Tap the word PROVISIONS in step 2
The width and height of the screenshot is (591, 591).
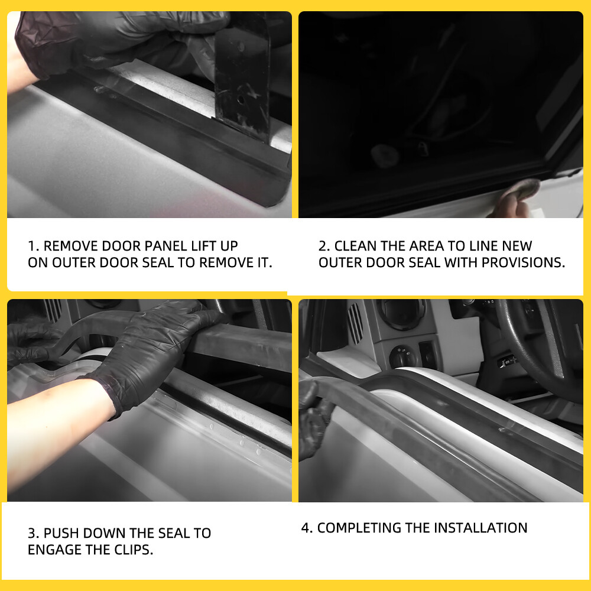pos(523,263)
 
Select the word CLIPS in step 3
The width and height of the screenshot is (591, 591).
pos(134,550)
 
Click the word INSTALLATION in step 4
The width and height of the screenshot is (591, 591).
pos(480,528)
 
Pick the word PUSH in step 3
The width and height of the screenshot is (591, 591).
pos(61,533)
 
